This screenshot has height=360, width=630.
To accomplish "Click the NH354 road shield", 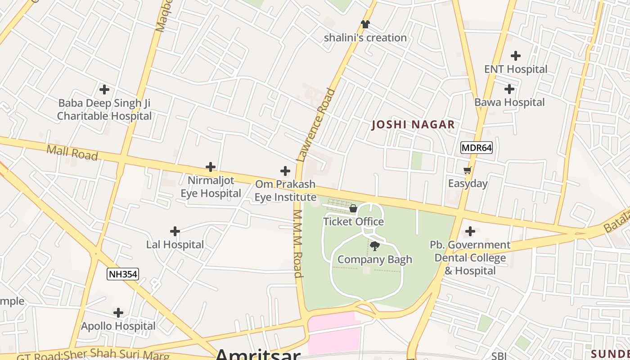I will click(122, 274).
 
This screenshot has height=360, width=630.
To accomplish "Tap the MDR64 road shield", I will click(477, 148).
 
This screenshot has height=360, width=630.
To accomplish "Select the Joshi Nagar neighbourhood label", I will click(413, 125).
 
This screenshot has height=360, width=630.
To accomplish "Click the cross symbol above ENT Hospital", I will click(516, 56).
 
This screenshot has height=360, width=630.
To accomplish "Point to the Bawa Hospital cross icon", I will click(509, 89).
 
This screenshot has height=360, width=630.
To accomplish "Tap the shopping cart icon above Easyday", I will click(468, 171).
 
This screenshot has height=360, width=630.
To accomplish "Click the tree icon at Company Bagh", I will click(374, 246).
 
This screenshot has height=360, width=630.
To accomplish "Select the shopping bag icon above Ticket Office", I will click(353, 208).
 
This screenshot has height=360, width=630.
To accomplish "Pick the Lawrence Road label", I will click(316, 125).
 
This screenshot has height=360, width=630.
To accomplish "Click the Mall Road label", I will click(72, 152).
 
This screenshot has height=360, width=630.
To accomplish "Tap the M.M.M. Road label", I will click(297, 243).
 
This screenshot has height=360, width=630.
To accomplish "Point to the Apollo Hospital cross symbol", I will click(118, 312).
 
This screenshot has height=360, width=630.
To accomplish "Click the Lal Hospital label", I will click(175, 245).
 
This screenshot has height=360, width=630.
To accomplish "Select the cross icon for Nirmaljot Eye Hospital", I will click(211, 167).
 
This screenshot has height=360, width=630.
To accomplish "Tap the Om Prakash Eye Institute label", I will click(285, 191).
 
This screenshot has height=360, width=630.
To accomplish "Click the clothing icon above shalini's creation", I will click(365, 24).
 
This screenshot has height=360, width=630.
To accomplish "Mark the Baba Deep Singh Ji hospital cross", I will click(104, 90).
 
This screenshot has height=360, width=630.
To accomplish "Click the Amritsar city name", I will click(257, 355).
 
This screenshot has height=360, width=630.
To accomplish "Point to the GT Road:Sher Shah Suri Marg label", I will click(93, 355).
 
